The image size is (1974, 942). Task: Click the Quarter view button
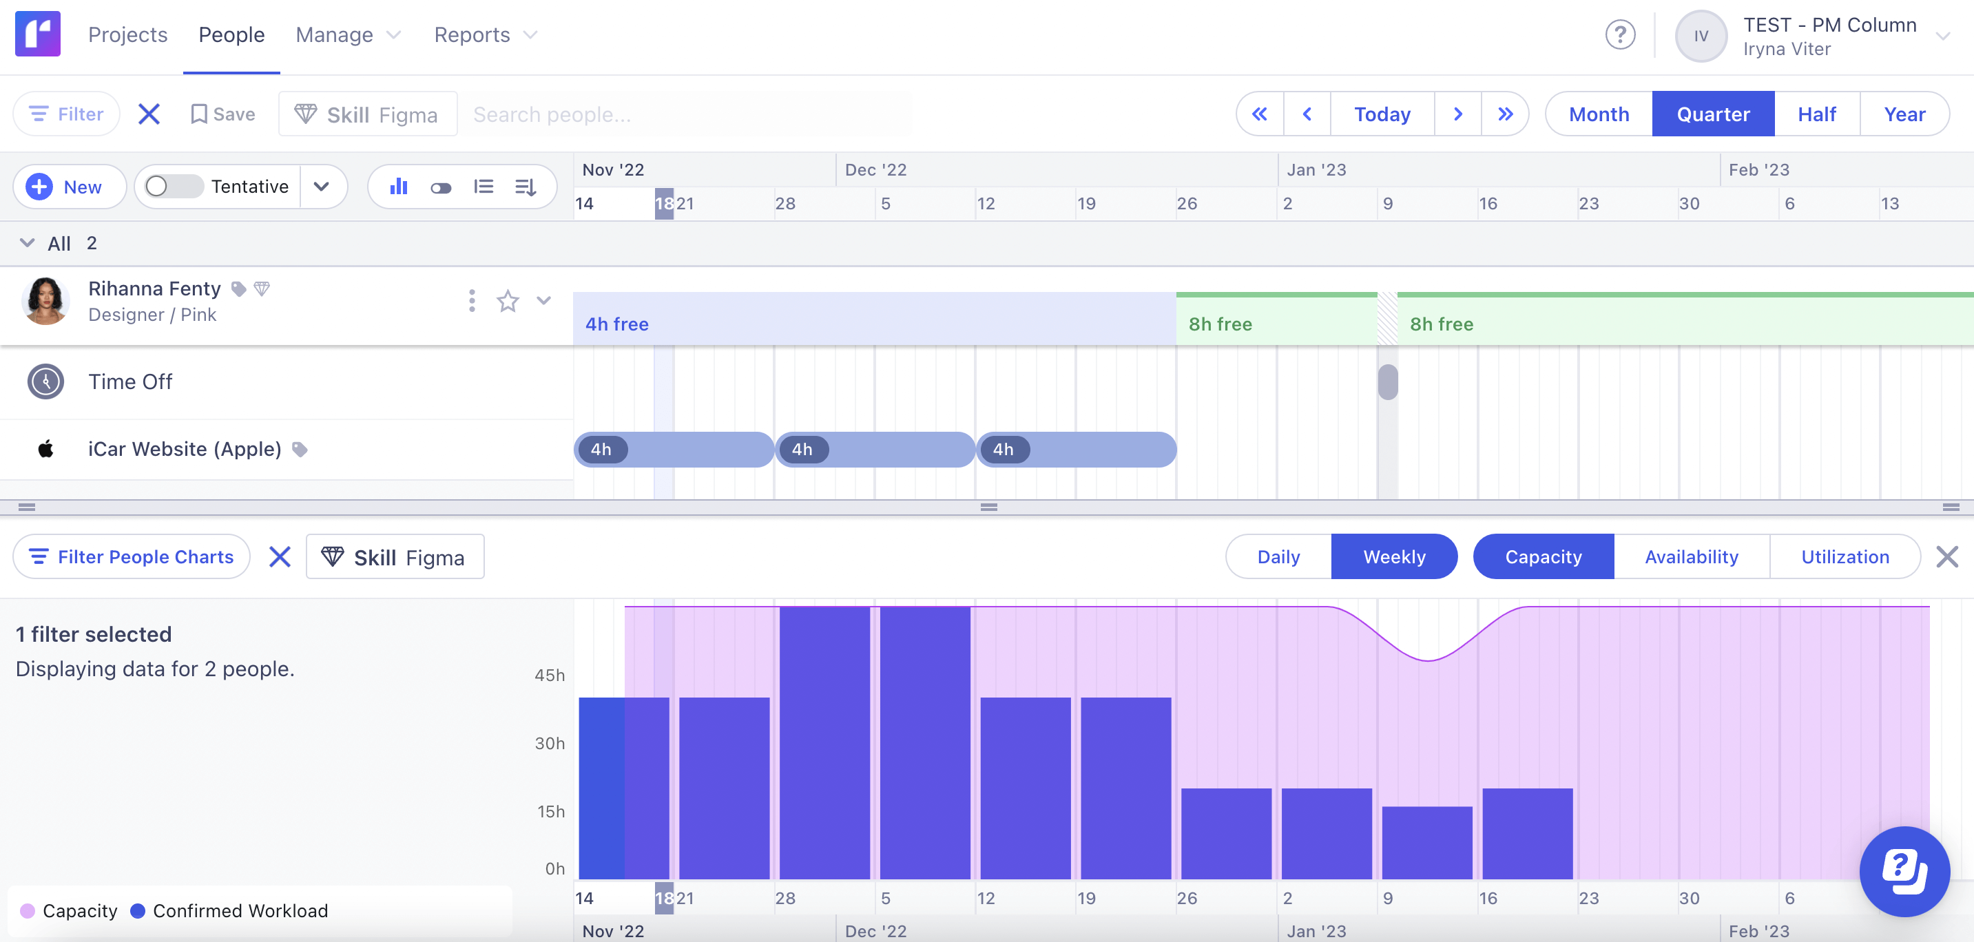click(x=1713, y=114)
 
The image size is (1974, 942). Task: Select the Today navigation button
click(x=1382, y=114)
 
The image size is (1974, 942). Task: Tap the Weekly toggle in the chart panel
click(x=1394, y=557)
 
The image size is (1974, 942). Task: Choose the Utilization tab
click(x=1845, y=557)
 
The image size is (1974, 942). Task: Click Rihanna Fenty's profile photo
click(x=45, y=301)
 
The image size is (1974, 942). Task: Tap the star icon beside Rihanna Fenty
click(x=508, y=301)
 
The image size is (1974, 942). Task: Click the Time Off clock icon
click(x=45, y=381)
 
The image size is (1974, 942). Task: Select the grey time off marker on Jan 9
click(x=1388, y=382)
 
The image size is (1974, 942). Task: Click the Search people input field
click(x=689, y=114)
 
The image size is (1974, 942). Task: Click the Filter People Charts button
click(x=132, y=557)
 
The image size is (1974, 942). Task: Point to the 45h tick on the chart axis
click(x=550, y=676)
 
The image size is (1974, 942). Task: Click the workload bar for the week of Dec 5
click(x=925, y=743)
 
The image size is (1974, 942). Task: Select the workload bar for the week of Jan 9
click(x=1427, y=842)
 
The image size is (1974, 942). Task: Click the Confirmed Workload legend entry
click(x=230, y=910)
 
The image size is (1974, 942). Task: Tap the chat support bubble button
click(x=1904, y=872)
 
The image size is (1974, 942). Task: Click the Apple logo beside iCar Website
click(x=45, y=449)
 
